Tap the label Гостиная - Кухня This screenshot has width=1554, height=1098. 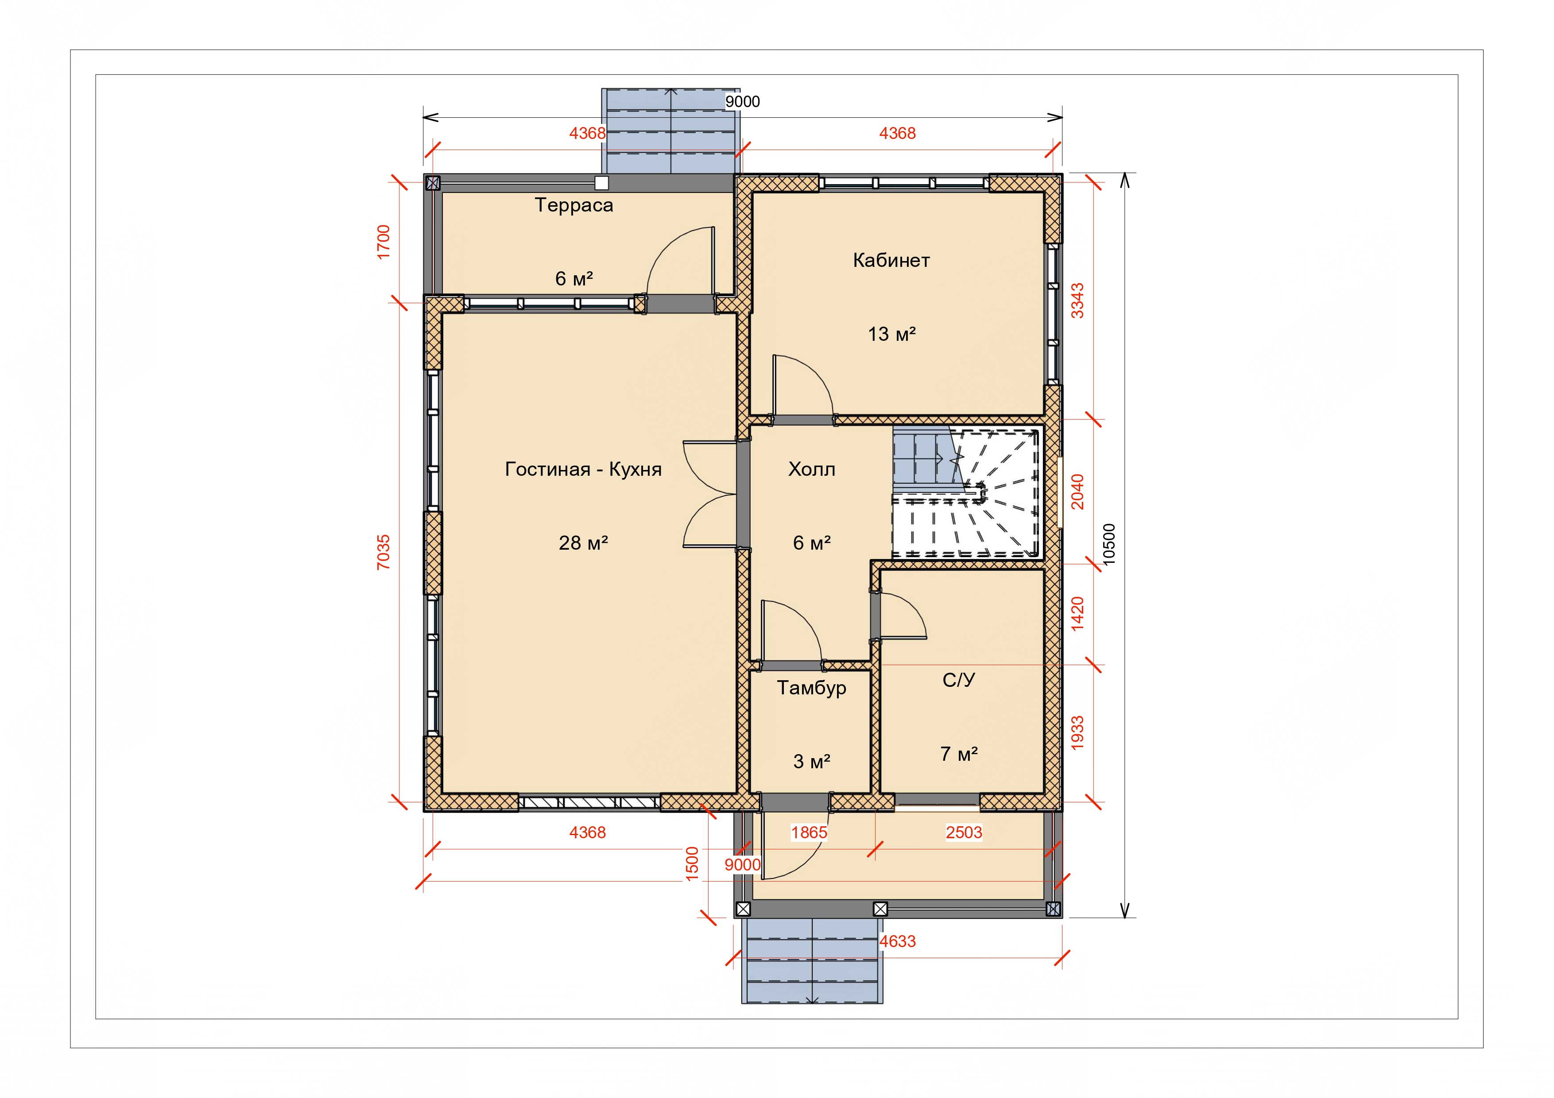583,470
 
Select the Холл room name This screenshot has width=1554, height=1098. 811,470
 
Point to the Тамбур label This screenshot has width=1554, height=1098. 811,688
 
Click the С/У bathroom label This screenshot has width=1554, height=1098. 959,680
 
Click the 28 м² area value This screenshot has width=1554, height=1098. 583,543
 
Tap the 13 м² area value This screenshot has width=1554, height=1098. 892,334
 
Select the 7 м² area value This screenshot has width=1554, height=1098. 959,754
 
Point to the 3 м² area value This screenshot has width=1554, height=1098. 811,762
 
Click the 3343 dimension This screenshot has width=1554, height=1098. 1077,301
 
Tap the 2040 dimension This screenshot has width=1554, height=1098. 1077,492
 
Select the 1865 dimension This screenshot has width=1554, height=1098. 810,833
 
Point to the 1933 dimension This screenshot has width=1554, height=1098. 1077,733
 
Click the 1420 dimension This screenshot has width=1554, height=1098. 1077,613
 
